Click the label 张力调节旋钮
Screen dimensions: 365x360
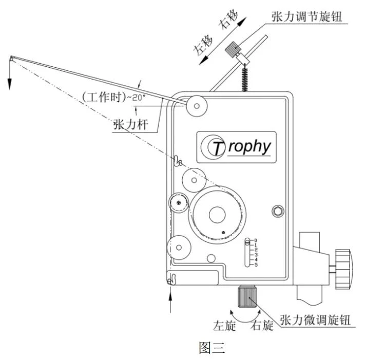tap(306, 16)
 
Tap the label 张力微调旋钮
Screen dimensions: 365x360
tap(315, 320)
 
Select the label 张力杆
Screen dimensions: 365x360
tap(130, 124)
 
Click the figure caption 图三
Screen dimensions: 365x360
tap(212, 348)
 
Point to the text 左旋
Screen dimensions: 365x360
tap(224, 325)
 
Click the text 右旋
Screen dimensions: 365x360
tap(262, 325)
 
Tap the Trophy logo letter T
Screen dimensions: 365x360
tap(218, 148)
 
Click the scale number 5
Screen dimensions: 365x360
tap(256, 264)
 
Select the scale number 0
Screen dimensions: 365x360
tap(256, 240)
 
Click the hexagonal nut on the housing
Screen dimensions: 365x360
tap(278, 211)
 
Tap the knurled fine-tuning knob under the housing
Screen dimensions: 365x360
tap(247, 296)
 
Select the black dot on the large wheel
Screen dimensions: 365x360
tap(223, 233)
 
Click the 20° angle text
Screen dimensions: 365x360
tap(139, 98)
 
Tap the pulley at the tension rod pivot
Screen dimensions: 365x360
tap(197, 106)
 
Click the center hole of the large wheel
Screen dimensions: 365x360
tap(217, 215)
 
